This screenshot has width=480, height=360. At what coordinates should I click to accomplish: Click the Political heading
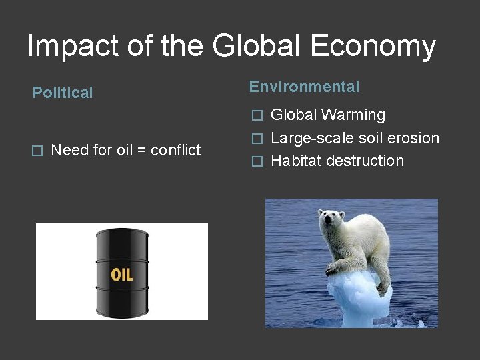63,93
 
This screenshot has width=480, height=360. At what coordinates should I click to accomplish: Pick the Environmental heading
304,87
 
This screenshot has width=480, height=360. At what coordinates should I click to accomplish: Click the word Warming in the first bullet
353,115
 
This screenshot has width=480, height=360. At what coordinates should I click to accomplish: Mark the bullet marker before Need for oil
38,151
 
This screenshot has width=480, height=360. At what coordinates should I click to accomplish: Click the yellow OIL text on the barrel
121,275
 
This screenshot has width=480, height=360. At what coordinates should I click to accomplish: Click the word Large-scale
309,139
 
